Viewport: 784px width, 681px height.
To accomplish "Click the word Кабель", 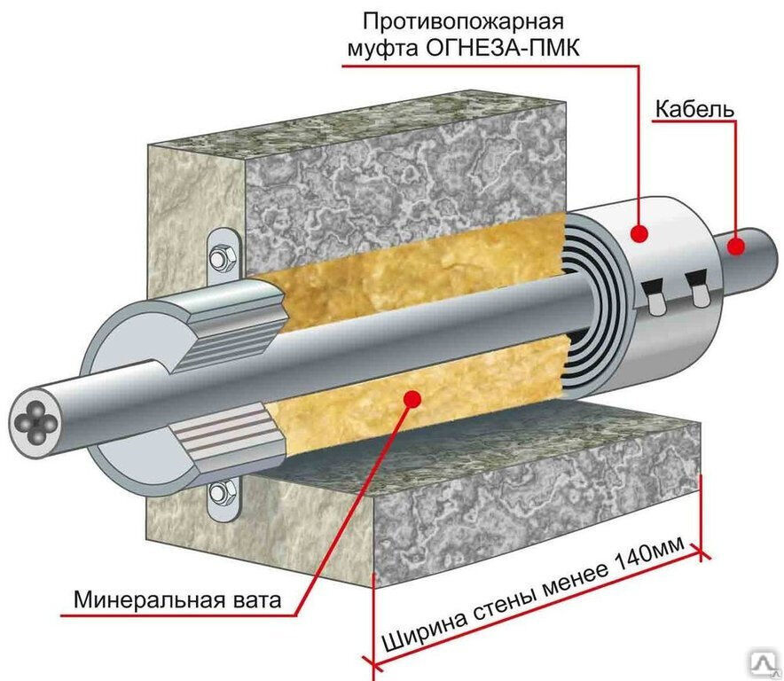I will tap(694, 109).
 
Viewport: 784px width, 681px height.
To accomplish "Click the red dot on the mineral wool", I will tap(410, 400).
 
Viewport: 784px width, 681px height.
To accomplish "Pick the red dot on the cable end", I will tap(734, 248).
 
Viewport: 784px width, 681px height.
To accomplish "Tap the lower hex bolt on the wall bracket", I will tap(222, 493).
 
